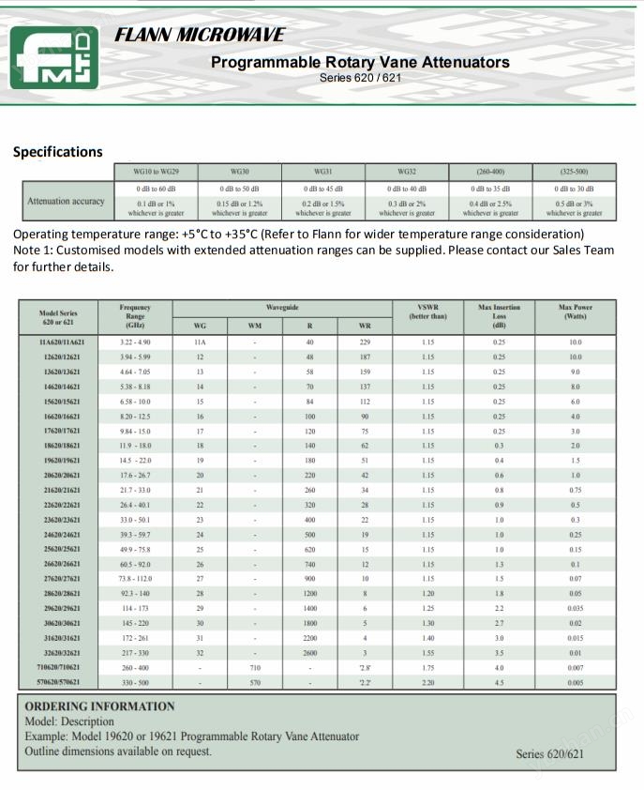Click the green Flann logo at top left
coord(54,57)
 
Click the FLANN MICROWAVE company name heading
coord(200,36)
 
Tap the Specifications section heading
coord(58,152)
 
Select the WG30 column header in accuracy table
coord(239,173)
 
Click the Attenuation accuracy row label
coord(66,201)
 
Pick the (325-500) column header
coord(574,173)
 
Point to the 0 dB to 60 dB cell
coord(156,189)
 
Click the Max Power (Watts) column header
coord(575,312)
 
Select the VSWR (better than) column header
coord(427,312)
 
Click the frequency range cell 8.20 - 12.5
coord(135,416)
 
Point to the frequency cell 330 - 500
coord(135,682)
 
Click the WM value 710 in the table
coord(254,668)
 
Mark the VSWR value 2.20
coord(427,682)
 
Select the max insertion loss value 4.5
coord(499,682)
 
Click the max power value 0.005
coord(575,682)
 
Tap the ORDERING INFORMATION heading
coord(99,706)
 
